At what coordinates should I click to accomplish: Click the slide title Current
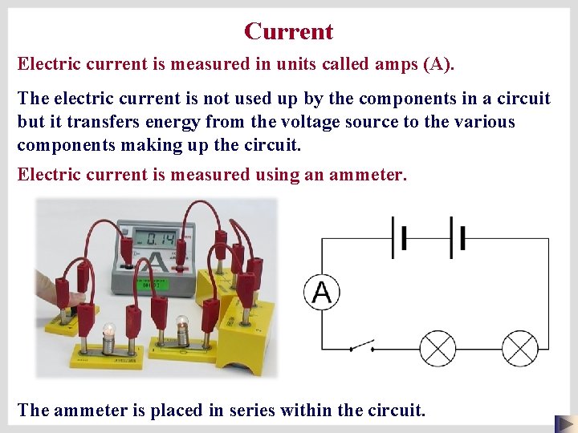(x=289, y=31)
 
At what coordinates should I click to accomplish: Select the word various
(x=484, y=122)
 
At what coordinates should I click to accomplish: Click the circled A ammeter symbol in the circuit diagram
(x=322, y=292)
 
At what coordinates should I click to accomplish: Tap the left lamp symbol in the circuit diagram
(x=438, y=350)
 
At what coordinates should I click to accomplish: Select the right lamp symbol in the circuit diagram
(x=519, y=350)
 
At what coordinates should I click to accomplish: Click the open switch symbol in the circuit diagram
(x=363, y=346)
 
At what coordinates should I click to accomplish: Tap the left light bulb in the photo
(x=108, y=331)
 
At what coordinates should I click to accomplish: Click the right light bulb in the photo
(x=182, y=326)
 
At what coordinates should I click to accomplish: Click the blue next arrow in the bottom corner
(x=564, y=423)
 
